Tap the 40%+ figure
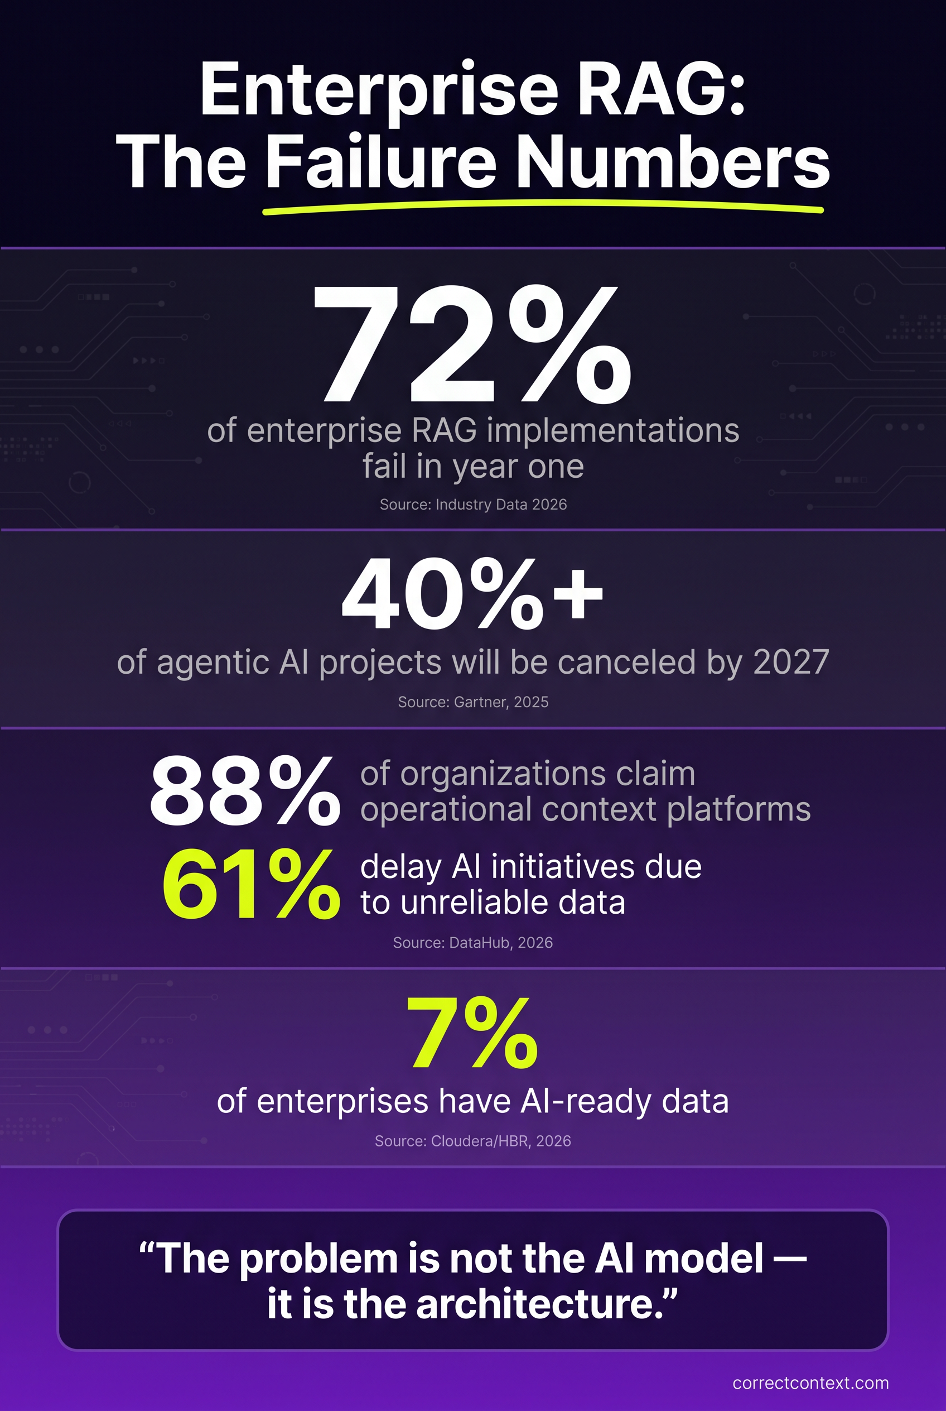(x=472, y=593)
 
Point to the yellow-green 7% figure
(x=472, y=1033)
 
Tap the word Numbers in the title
(x=673, y=162)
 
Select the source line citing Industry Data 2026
(x=473, y=504)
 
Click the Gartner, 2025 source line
(x=473, y=702)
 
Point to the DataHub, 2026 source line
(x=472, y=943)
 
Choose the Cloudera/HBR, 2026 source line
(x=472, y=1140)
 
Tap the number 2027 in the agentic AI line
(x=791, y=663)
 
